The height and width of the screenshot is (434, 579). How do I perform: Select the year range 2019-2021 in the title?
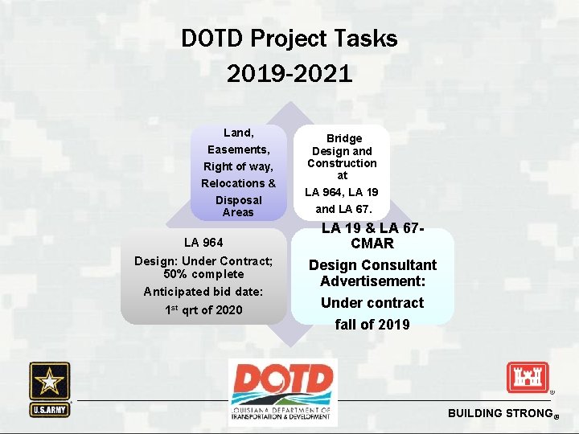click(289, 75)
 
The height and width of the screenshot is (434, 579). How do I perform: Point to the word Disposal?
click(238, 200)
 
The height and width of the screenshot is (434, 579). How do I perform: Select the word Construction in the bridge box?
click(342, 163)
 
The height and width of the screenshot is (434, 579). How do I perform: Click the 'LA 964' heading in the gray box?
click(203, 242)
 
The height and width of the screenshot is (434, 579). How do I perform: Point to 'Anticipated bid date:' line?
click(203, 292)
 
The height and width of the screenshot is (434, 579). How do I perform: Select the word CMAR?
click(372, 243)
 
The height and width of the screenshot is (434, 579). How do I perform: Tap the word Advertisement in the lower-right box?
click(372, 281)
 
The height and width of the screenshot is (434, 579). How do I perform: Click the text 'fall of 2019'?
click(372, 325)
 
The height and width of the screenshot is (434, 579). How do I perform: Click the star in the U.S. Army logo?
click(50, 381)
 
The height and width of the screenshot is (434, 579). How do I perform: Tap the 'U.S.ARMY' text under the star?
click(50, 409)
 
